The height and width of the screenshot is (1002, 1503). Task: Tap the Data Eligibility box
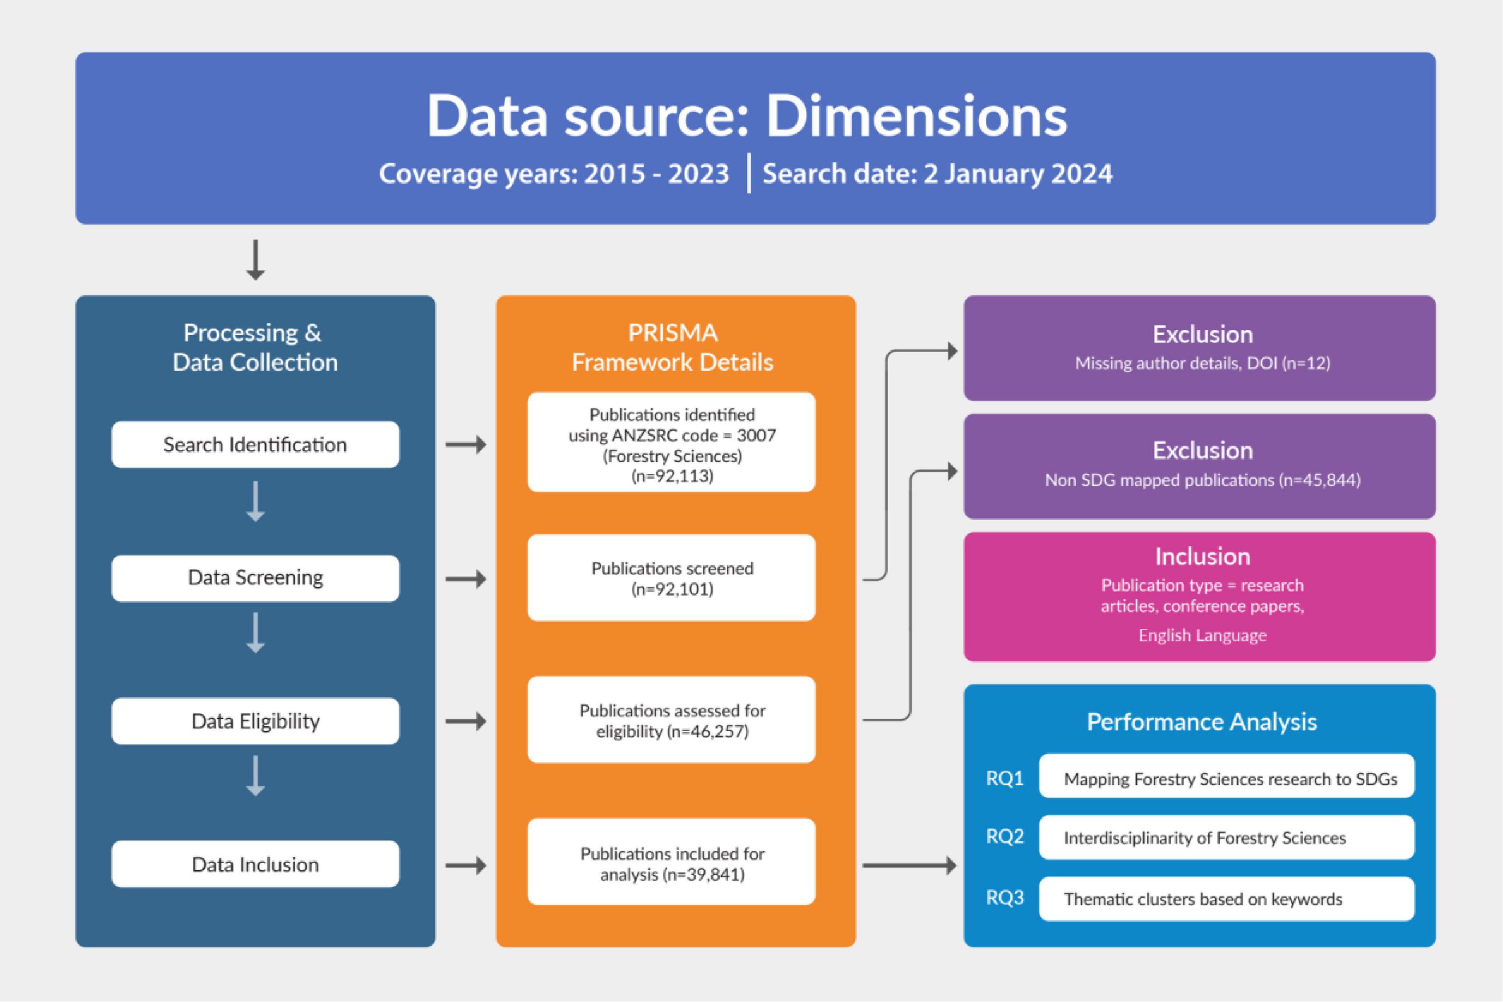(255, 721)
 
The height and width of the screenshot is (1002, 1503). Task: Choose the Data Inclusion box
(255, 864)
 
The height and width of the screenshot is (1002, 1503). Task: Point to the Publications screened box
(672, 578)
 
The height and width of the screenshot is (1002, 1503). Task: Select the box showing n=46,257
(672, 720)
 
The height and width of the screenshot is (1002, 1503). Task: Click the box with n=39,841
(672, 861)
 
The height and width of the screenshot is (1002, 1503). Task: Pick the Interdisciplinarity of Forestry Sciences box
(1226, 837)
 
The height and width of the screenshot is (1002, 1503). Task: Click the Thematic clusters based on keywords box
(1226, 899)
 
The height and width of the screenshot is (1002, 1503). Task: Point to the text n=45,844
(1320, 480)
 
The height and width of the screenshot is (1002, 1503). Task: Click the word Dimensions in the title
(916, 116)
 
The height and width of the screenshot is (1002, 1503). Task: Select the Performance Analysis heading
(1202, 721)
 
